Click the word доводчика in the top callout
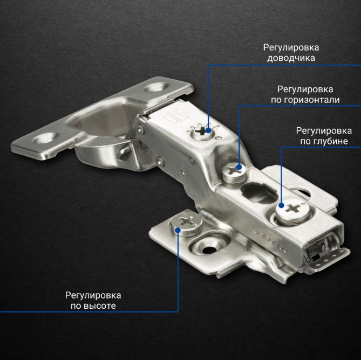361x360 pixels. [x=291, y=58]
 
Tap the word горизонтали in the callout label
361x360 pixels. [x=311, y=100]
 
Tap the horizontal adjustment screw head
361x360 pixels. [x=234, y=172]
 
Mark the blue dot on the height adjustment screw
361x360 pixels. [x=178, y=230]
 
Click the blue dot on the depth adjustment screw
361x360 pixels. [x=281, y=205]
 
